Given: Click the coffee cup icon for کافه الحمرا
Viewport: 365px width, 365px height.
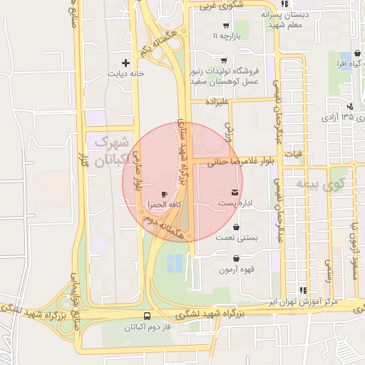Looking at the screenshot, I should click(x=165, y=194).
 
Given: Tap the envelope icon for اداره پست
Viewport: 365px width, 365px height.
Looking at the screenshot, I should click(x=235, y=193).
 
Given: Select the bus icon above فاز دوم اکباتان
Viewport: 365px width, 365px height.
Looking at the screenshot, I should click(x=147, y=316).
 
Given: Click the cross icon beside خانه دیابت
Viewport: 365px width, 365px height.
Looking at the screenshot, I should click(x=127, y=63).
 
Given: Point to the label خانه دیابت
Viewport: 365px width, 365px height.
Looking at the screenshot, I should click(x=126, y=73).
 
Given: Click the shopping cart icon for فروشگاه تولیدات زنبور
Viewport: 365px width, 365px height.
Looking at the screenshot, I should click(x=224, y=61).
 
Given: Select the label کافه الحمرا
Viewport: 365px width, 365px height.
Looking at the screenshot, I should click(x=162, y=205).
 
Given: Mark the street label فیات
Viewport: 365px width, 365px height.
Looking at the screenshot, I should click(x=293, y=153).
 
